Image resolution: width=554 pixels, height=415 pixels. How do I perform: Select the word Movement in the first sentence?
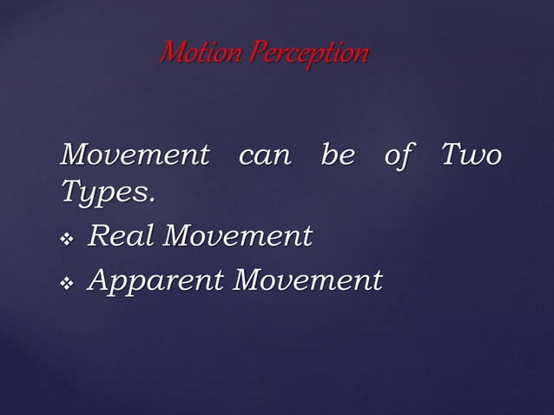pyautogui.click(x=135, y=157)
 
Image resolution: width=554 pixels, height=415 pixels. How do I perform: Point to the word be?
pyautogui.click(x=337, y=157)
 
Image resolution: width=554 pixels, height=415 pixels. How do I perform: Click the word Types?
pyautogui.click(x=104, y=194)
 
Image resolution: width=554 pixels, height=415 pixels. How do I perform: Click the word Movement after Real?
pyautogui.click(x=240, y=235)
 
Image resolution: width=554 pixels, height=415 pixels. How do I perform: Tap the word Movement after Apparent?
pyautogui.click(x=309, y=280)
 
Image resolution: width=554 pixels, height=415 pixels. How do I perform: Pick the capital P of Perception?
pyautogui.click(x=256, y=55)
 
